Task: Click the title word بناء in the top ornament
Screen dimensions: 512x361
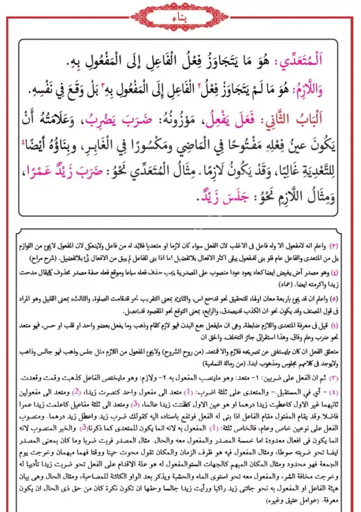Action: click(x=180, y=15)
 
